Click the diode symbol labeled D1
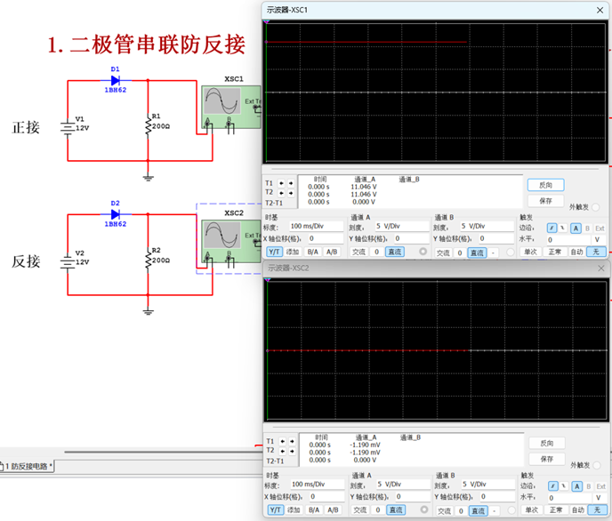[x=115, y=80]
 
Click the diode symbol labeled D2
[x=115, y=214]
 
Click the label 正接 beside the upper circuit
[x=26, y=127]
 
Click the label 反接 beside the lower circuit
[x=26, y=261]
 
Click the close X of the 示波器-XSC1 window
[x=600, y=9]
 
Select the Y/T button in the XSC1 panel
[x=275, y=252]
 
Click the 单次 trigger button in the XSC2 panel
[x=530, y=509]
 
